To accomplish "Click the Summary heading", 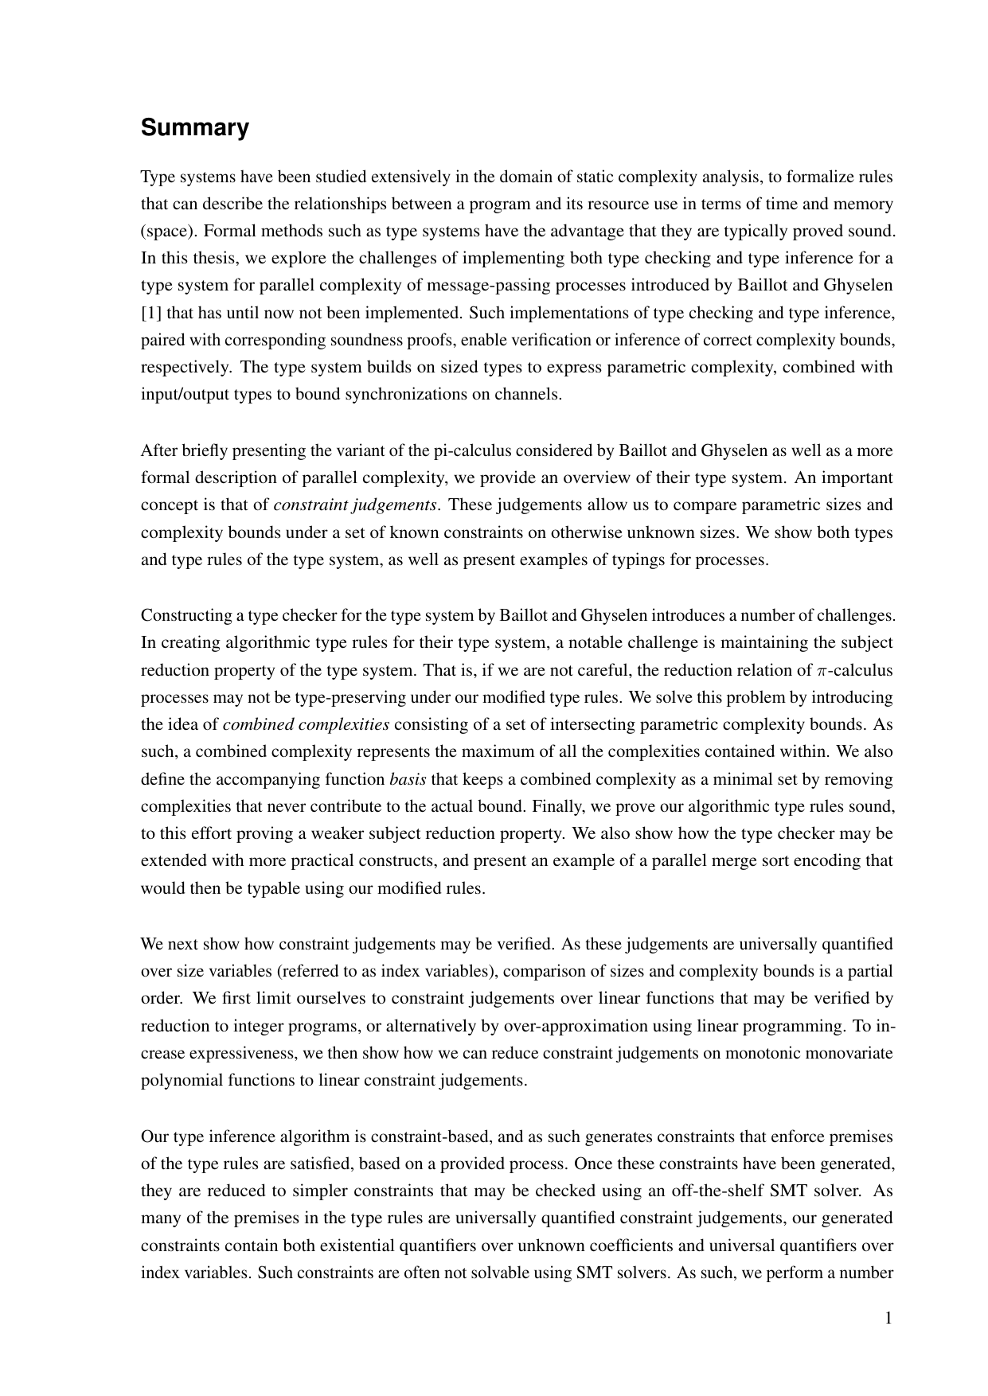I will point(194,128).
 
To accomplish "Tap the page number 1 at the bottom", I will point(888,1318).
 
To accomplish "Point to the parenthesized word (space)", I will point(168,232).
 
